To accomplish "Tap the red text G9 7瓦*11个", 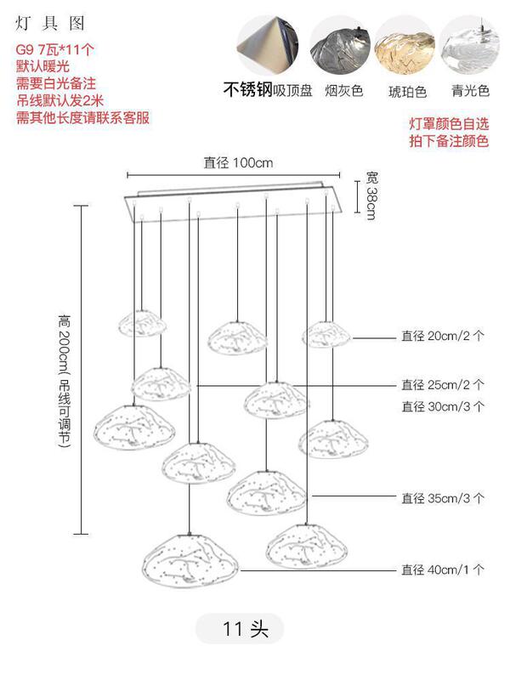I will (55, 49).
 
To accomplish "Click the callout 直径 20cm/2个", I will (443, 336).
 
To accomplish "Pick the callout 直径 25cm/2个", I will (443, 385).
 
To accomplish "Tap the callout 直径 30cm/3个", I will (443, 407).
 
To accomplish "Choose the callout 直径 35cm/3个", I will (443, 498).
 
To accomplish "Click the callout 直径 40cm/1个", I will (443, 570).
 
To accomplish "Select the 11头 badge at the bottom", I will (246, 629).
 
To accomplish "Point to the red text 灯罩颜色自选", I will (449, 125).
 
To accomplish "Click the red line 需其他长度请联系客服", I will (82, 117).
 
